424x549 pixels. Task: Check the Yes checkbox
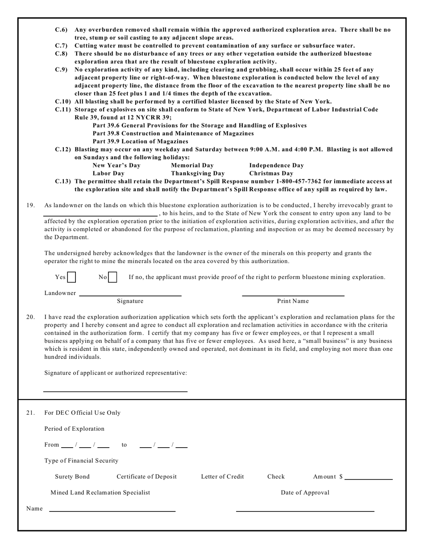[x=71, y=277]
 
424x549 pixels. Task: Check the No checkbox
[x=112, y=277]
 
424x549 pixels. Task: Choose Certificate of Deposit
[x=146, y=477]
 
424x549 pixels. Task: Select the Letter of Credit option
[x=222, y=477]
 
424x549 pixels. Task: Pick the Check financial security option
[x=276, y=477]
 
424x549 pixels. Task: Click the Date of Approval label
[x=305, y=493]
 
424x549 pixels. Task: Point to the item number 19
[x=31, y=205]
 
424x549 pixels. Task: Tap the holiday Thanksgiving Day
[x=198, y=174]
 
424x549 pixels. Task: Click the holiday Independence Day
[x=276, y=166]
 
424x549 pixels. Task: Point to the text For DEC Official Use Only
[x=82, y=413]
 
